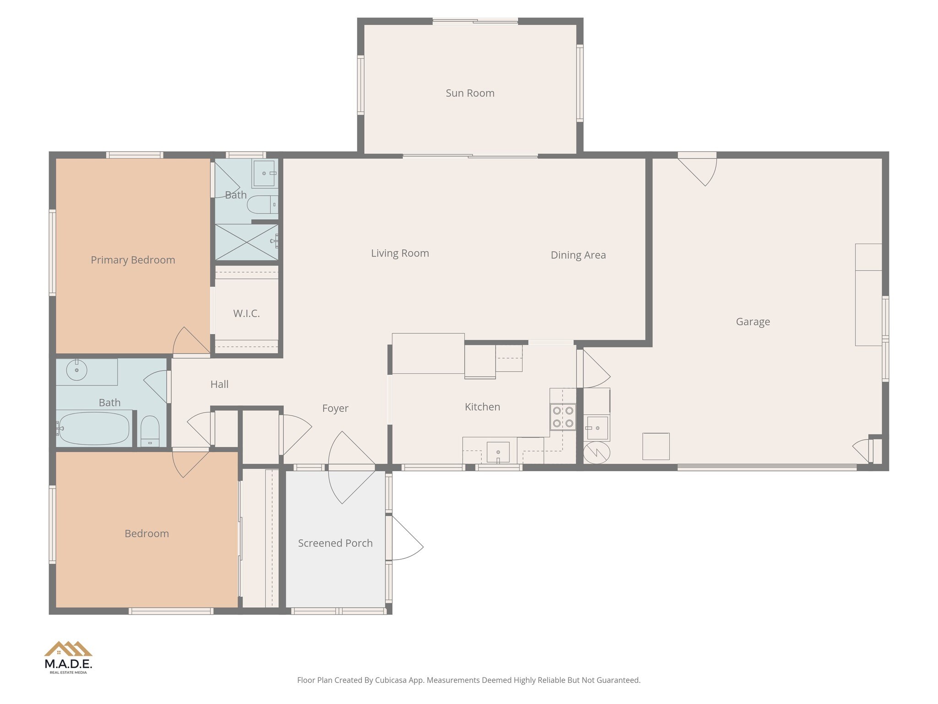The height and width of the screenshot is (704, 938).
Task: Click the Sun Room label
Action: [470, 93]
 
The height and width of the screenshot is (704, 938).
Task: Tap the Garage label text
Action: [753, 322]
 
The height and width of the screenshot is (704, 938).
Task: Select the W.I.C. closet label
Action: [246, 313]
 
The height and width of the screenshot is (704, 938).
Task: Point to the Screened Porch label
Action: [335, 543]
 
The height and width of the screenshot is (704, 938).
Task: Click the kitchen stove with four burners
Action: [563, 417]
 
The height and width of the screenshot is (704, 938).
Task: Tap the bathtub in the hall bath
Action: [94, 429]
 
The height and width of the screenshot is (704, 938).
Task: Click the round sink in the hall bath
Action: [76, 370]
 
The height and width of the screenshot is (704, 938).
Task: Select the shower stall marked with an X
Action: [246, 242]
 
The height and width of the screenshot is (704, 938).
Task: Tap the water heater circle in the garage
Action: [596, 452]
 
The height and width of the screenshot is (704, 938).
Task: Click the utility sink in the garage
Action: [597, 428]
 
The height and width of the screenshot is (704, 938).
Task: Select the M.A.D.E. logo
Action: [68, 657]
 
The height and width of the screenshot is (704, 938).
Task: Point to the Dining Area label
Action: [578, 255]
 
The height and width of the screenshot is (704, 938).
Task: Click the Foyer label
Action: [335, 408]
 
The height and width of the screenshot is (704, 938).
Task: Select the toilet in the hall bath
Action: [150, 431]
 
